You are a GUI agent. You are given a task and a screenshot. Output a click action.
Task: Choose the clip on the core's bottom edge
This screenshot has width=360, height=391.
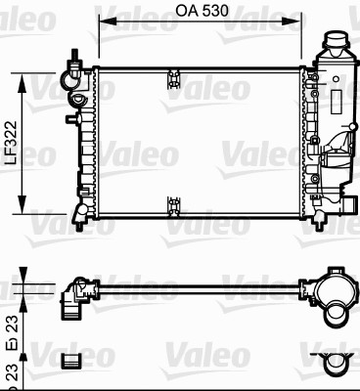[174, 204]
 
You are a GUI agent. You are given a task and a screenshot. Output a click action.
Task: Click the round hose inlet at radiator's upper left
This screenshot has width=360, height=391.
[70, 71]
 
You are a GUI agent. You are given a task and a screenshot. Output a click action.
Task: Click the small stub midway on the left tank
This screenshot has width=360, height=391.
[70, 119]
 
